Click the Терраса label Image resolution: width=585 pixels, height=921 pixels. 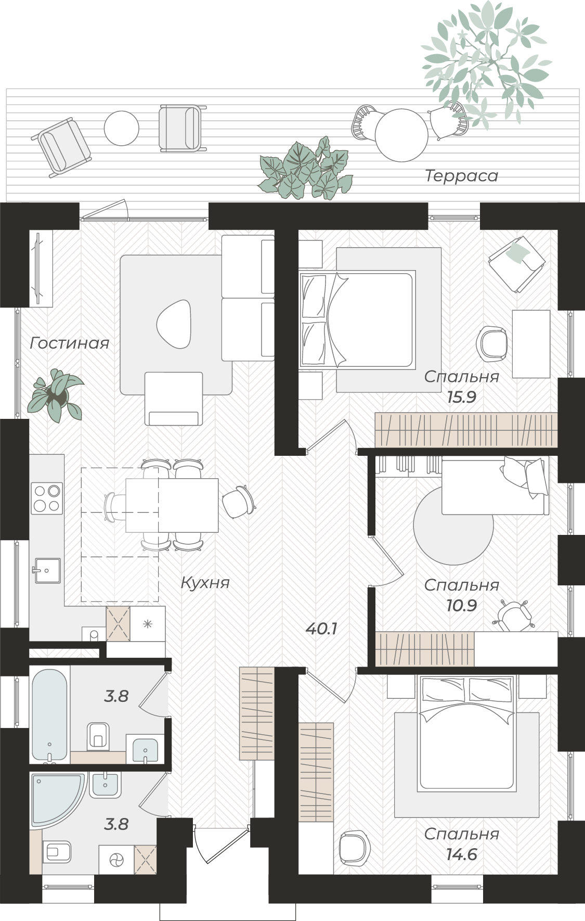(461, 176)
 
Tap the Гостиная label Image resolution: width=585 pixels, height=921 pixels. (70, 343)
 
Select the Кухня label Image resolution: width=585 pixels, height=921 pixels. (205, 583)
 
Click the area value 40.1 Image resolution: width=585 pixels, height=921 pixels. (322, 629)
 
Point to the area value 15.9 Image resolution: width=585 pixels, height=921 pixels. (462, 398)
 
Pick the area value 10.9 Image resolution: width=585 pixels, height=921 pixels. (462, 606)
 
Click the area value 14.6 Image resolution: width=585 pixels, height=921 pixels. (462, 854)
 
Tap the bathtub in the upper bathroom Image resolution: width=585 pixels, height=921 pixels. (49, 716)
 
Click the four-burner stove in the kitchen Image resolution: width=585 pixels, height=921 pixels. (47, 498)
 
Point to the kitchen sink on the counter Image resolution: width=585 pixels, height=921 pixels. (47, 571)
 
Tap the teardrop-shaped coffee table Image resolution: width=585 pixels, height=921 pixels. (174, 324)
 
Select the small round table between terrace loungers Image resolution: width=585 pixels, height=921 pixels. (121, 128)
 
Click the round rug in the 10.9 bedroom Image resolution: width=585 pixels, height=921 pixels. (453, 526)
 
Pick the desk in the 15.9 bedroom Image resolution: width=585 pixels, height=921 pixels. (531, 343)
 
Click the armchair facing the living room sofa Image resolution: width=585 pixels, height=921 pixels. (174, 399)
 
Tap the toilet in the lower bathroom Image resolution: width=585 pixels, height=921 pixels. (57, 851)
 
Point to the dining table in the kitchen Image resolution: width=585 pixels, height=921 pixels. (172, 505)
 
